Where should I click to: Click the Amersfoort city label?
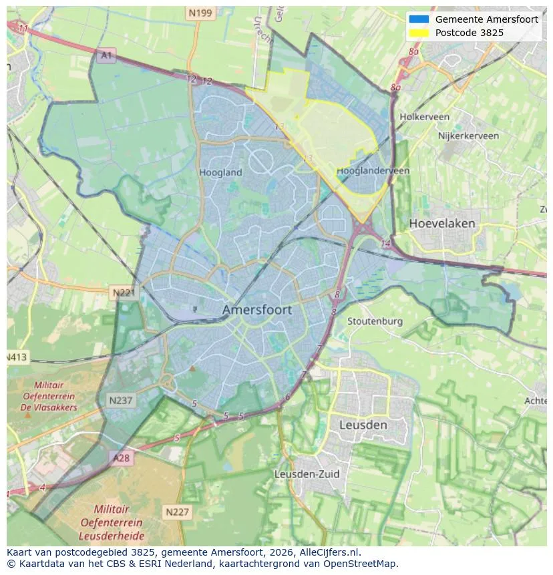[256, 310]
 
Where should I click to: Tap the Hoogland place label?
[220, 172]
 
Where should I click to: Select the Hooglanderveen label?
[373, 171]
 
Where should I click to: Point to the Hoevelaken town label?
[442, 223]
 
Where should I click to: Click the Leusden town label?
[363, 425]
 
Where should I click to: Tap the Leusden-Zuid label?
[307, 474]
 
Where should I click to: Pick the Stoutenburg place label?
[375, 321]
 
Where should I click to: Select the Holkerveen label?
[424, 117]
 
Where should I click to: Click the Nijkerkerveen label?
[468, 136]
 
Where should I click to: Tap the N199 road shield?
[200, 13]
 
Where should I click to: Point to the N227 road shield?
[176, 512]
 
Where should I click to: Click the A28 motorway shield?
[121, 458]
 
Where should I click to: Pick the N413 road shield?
[17, 357]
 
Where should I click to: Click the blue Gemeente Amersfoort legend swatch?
[419, 19]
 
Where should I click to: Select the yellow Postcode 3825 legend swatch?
[419, 32]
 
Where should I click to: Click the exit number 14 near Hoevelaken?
[385, 244]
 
